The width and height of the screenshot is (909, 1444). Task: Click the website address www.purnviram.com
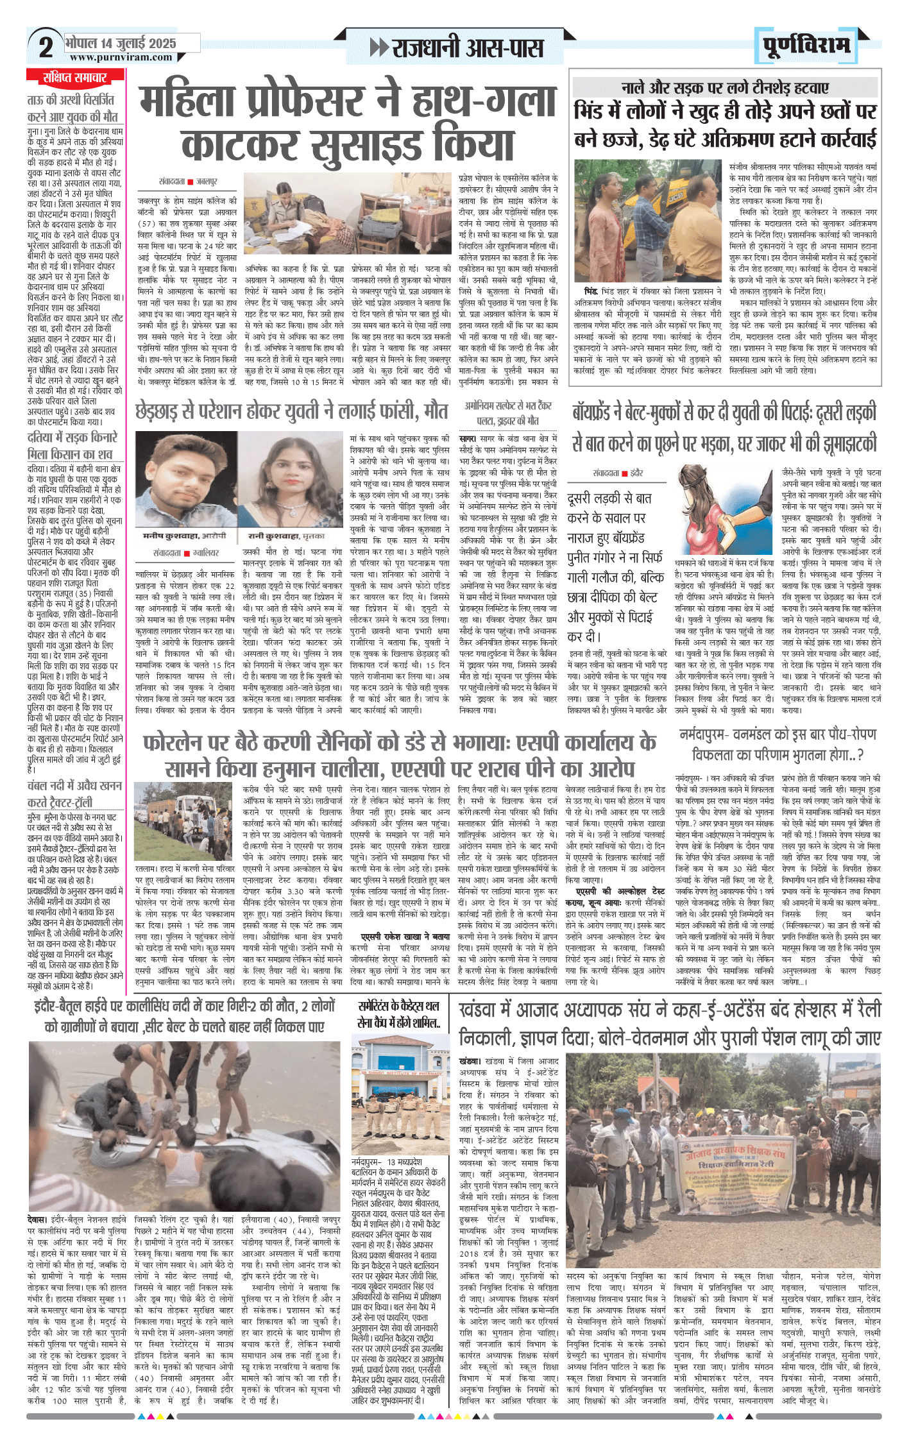coord(121,57)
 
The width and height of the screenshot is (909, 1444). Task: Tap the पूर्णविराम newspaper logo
coord(806,46)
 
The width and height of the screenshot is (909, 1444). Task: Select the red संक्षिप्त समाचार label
coord(75,78)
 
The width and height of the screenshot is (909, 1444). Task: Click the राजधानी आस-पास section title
coord(457,48)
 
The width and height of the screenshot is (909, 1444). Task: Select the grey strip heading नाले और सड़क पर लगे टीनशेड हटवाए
coord(725,88)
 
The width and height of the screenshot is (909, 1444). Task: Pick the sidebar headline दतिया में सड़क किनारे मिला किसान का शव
coord(72,446)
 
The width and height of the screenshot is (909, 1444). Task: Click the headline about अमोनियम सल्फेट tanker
coord(507,413)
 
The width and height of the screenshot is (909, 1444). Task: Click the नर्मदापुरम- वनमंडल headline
coord(777,744)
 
